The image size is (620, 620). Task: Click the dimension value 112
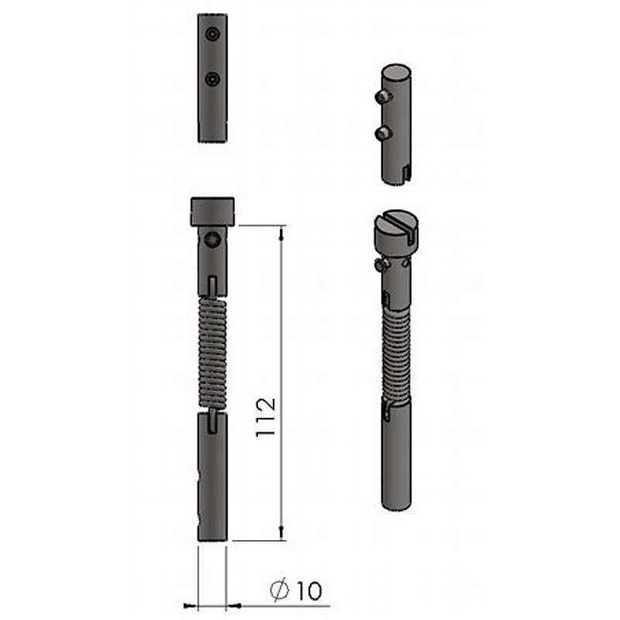pos(266,418)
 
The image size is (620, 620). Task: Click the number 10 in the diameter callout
pos(309,591)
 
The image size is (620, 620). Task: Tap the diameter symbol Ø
pos(280,591)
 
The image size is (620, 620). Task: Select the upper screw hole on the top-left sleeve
pos(212,34)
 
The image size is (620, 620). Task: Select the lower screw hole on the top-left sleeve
pos(212,79)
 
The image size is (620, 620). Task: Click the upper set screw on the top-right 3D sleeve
pos(382,96)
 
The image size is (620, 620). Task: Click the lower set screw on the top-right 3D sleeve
pos(382,133)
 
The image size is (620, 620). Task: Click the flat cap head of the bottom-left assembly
pos(212,212)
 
